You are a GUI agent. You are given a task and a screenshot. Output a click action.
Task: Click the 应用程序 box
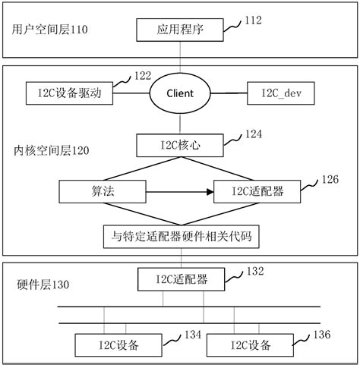[180, 31]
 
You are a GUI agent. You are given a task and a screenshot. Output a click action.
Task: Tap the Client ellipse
[180, 93]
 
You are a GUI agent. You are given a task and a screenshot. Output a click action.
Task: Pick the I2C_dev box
[281, 93]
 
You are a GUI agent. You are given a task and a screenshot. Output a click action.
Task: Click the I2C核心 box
[180, 144]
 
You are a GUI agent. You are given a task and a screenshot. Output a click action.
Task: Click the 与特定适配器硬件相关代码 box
[180, 237]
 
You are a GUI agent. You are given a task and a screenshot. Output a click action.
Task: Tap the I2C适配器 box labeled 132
[180, 280]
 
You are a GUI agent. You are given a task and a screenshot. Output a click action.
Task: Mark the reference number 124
[254, 134]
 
